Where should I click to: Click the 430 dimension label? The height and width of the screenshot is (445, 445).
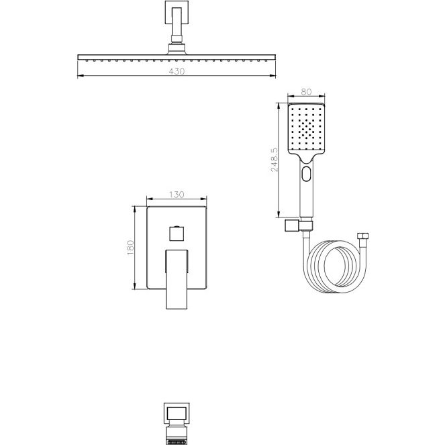(177, 72)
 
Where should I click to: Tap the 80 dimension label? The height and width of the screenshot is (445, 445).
(306, 92)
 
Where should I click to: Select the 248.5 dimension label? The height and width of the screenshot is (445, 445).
(275, 160)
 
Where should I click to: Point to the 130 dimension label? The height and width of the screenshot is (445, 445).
(177, 195)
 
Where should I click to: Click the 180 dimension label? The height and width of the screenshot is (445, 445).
(131, 248)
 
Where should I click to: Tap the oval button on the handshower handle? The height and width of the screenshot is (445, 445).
(306, 174)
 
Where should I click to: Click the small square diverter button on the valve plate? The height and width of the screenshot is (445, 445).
(177, 234)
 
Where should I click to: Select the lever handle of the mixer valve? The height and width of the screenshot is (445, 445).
(177, 279)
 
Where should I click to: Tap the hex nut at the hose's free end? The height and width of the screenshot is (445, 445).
(362, 236)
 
